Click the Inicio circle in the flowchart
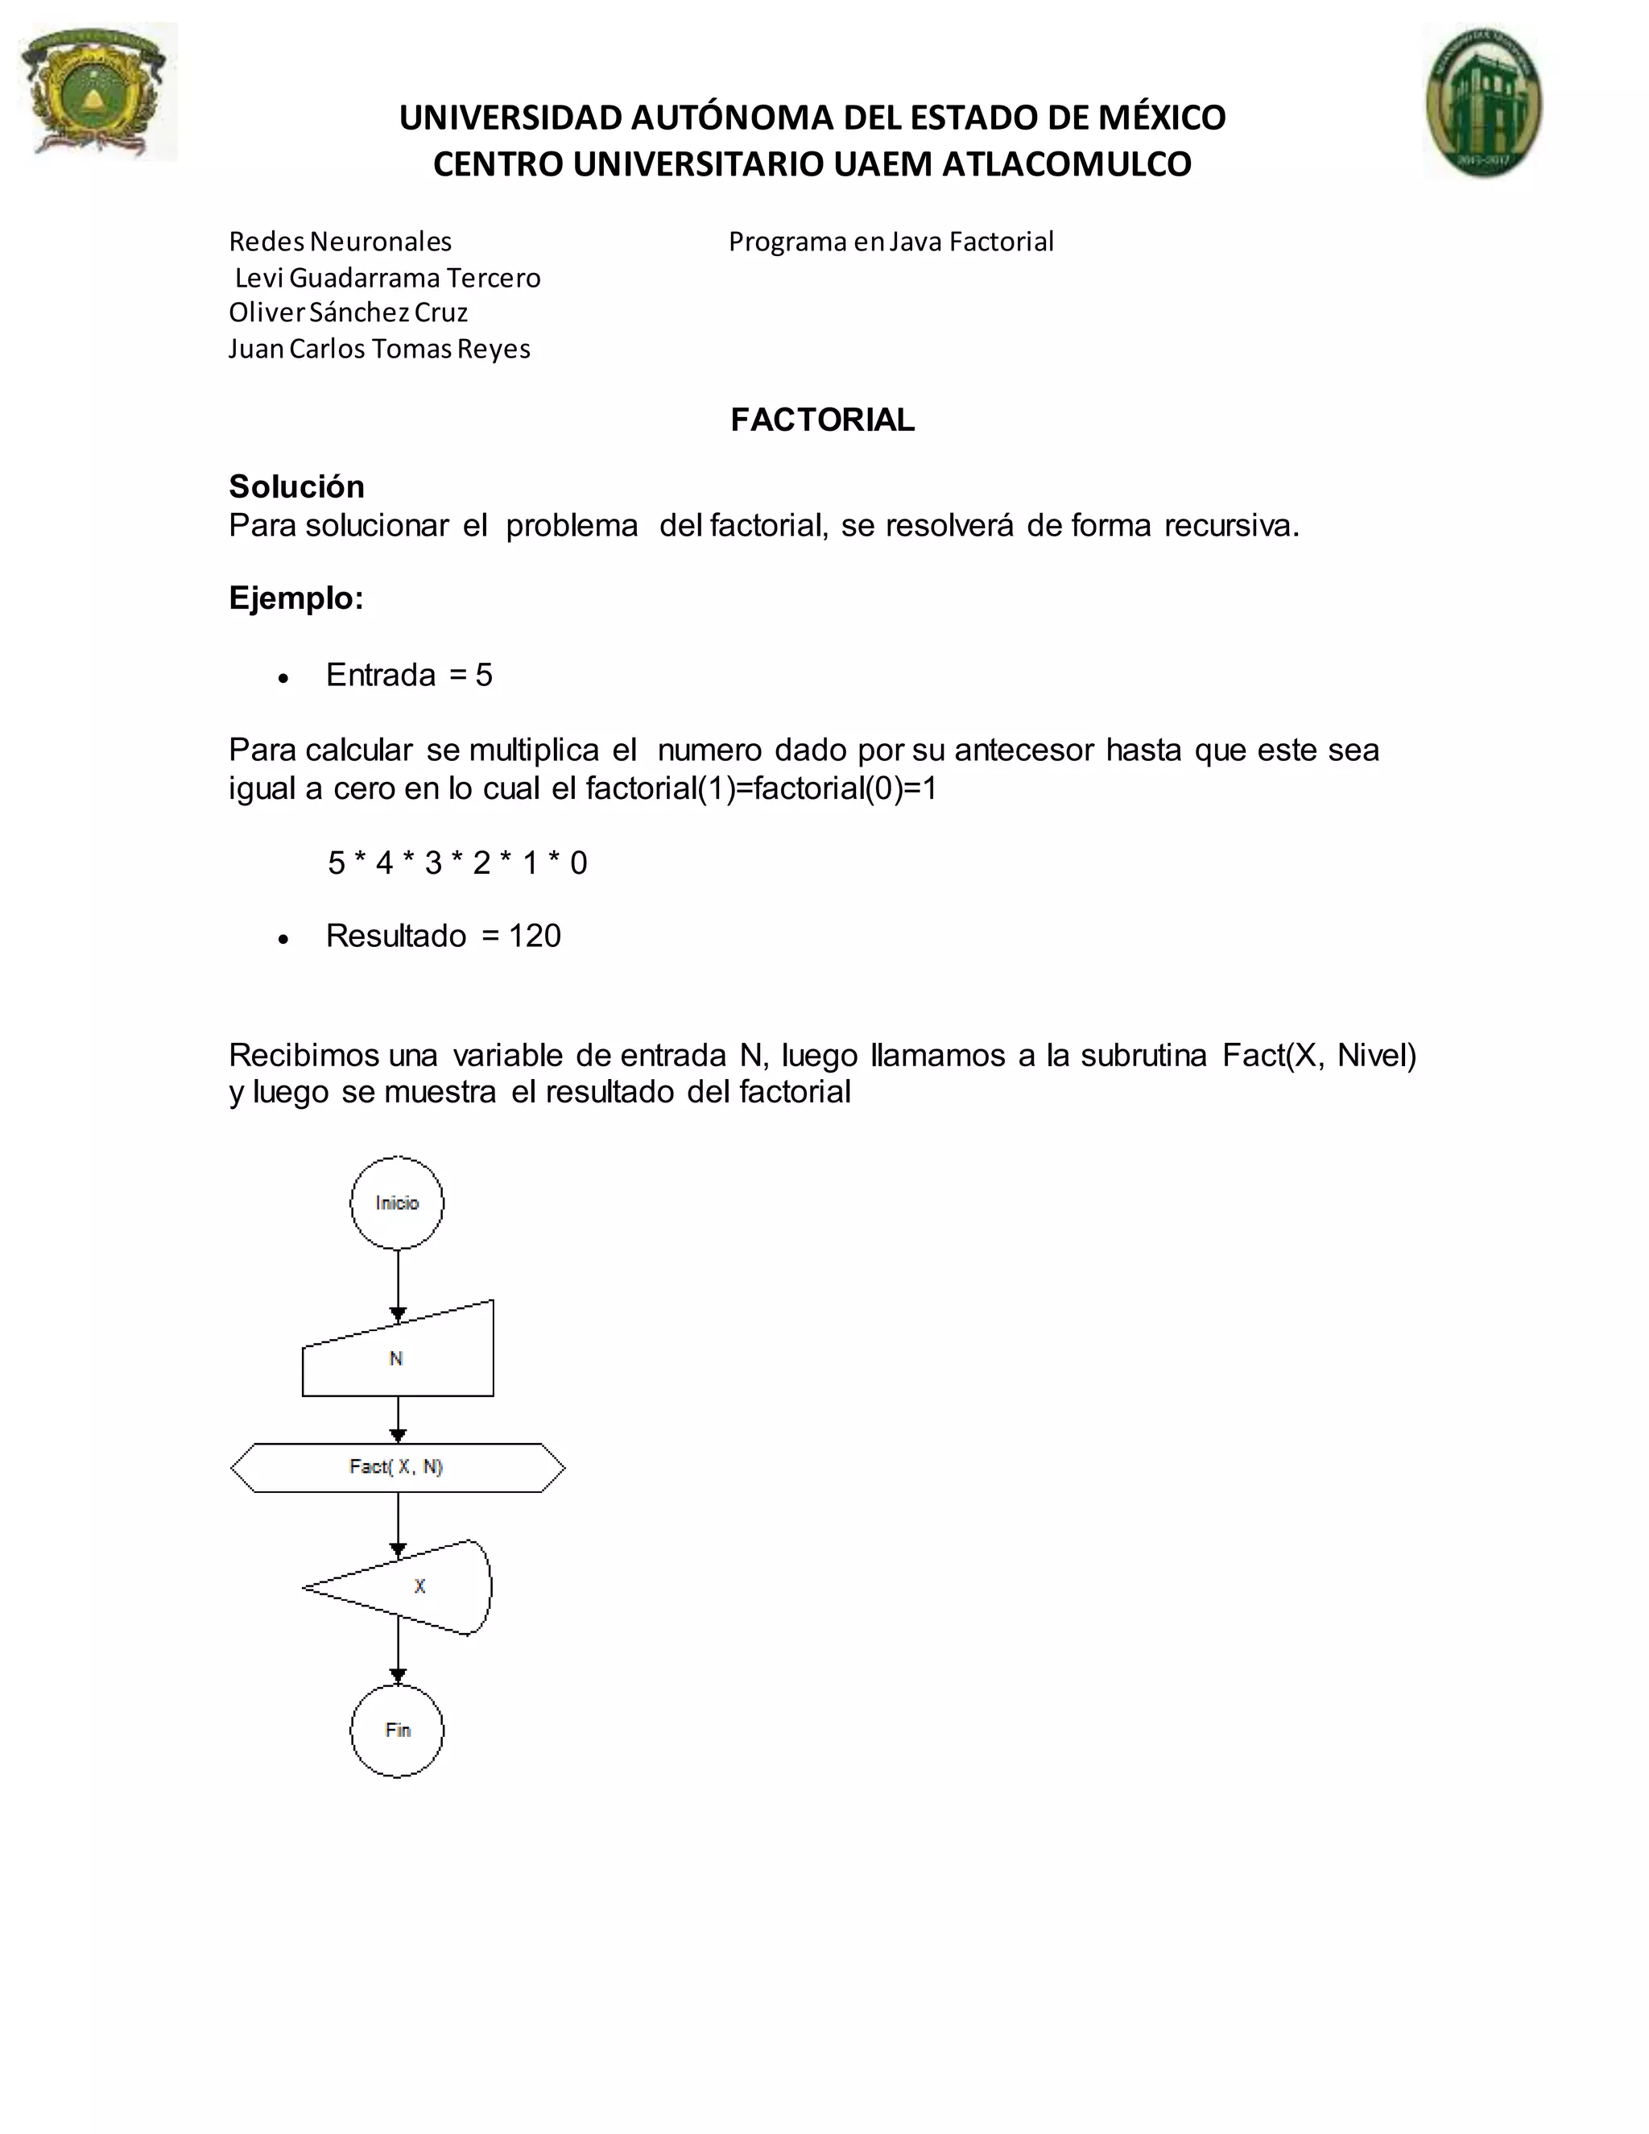[397, 1203]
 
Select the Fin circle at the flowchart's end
[397, 1731]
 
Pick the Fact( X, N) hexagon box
[398, 1467]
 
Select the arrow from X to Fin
[398, 1659]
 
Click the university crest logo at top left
[97, 91]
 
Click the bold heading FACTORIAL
[823, 420]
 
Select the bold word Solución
[296, 486]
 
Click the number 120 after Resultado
[535, 935]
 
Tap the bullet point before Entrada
[283, 677]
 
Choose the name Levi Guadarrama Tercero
[388, 278]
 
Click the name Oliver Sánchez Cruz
[348, 312]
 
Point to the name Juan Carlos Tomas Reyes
[379, 348]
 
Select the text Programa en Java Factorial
[891, 242]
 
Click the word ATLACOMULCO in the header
[1067, 163]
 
